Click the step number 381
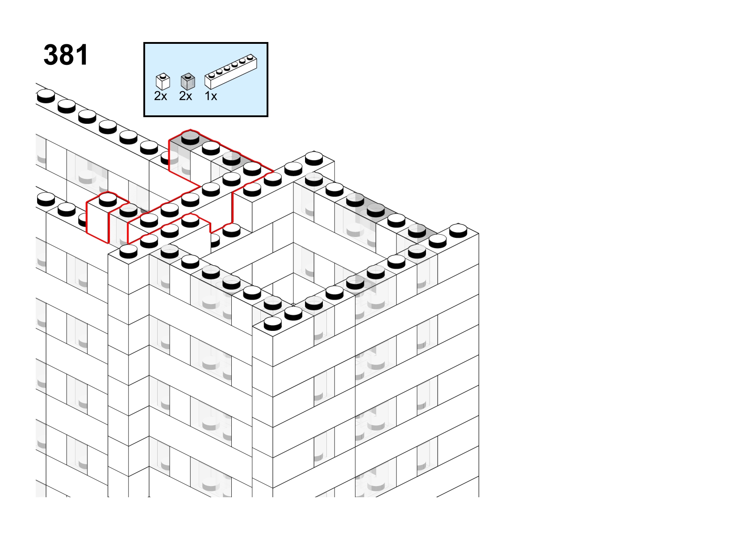coord(66,55)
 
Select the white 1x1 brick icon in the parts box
coord(163,82)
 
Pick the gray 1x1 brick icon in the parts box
coord(188,82)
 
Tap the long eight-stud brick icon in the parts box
coord(231,72)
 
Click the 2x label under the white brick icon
coord(160,96)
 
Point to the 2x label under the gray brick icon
coord(185,96)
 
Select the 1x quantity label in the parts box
coord(211,96)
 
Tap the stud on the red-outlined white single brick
coord(108,200)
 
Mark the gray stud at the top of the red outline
coord(190,138)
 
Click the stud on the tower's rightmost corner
coord(458,231)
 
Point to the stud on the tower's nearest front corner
coord(272,324)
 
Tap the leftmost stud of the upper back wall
coord(46,96)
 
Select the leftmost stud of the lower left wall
coord(46,199)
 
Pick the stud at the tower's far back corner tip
coord(314,158)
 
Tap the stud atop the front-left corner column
coord(128,251)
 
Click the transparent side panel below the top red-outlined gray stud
coord(180,158)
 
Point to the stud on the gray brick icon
coord(188,76)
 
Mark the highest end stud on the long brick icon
coord(250,58)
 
